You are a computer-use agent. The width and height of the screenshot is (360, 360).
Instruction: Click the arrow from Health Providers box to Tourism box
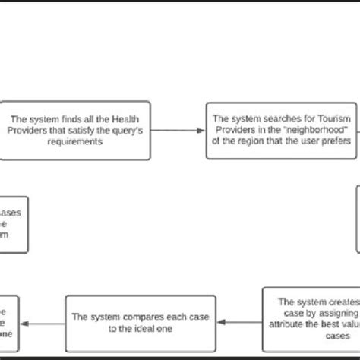(182, 130)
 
